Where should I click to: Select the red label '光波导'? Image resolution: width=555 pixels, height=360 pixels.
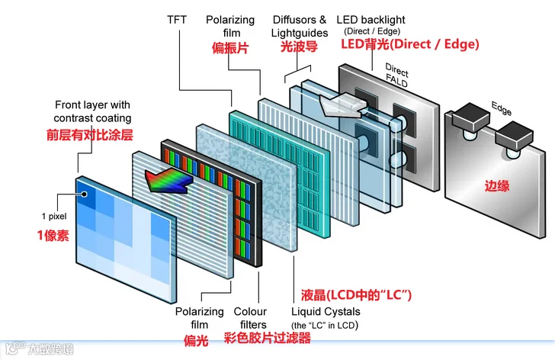(x=299, y=47)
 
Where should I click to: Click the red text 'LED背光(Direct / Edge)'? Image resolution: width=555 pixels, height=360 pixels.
(x=409, y=45)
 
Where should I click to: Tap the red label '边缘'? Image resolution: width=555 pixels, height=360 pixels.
(x=497, y=185)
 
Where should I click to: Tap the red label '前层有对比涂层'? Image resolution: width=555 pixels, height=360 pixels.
(x=89, y=135)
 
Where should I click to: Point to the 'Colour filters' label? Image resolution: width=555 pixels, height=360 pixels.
(x=250, y=318)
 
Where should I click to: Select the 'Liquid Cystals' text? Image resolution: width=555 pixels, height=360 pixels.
(x=326, y=312)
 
